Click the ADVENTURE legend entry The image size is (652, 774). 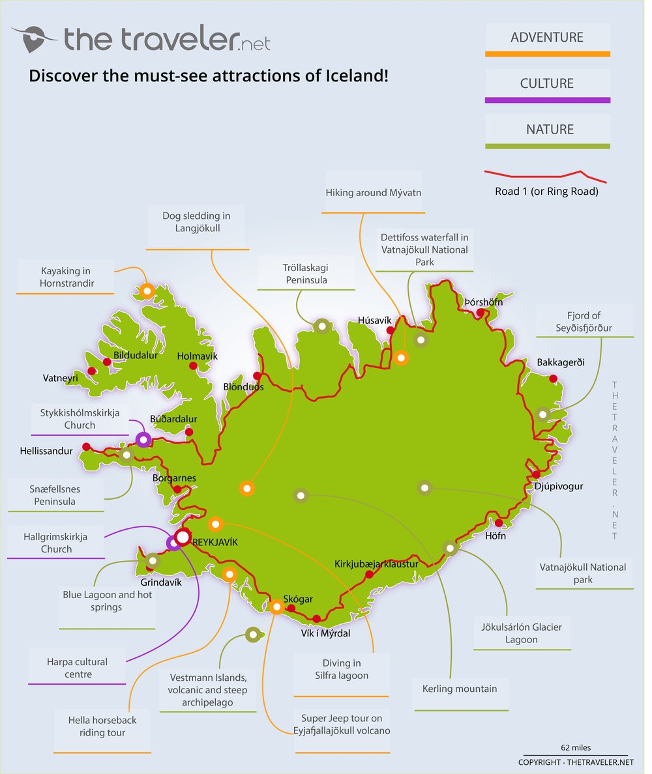pos(547,38)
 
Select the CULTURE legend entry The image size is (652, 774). pos(547,84)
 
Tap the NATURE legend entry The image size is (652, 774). pos(547,130)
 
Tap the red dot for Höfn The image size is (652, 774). pos(499,523)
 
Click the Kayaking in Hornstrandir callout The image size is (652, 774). pos(65,278)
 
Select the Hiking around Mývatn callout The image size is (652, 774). pos(374,193)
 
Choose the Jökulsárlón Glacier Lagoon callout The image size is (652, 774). pos(521,633)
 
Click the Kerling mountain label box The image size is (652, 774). pos(459,689)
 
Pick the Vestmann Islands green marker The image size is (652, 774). pos(252,634)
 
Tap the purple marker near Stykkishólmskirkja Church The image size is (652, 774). pos(143,440)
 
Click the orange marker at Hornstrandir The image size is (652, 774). pos(147,291)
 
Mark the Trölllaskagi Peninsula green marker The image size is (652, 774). pos(321,326)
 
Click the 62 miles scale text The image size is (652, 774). pos(576,748)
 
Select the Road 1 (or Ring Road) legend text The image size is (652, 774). pos(546,192)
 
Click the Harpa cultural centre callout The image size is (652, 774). pos(77,668)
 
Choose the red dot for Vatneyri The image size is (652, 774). pos(92,371)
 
